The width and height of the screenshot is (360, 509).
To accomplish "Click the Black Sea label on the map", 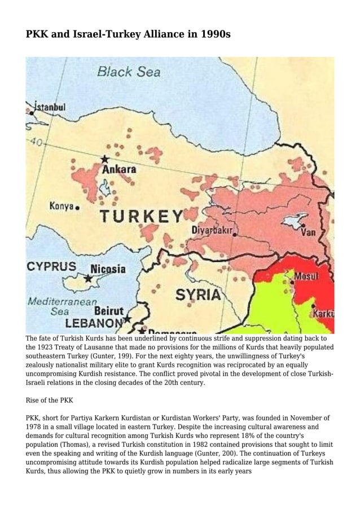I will point(129,72).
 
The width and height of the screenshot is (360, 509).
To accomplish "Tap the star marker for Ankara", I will point(104,160).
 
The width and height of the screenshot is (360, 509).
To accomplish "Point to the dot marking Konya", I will point(77,208).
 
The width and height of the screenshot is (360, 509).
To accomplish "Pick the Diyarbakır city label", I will point(213,230).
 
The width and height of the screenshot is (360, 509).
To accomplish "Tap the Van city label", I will point(308,232).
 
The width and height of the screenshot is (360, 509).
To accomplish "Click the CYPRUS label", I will point(51,266).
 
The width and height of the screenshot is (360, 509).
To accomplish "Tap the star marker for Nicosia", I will point(88,278).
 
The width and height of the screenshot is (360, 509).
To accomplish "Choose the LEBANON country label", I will point(94,323).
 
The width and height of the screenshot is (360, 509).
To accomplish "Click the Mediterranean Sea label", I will point(62,306).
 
